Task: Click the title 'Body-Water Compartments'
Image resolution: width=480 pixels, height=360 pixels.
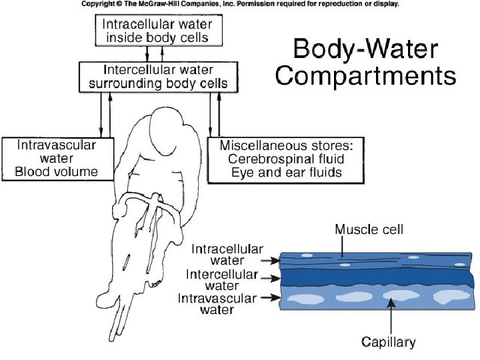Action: [x=366, y=62]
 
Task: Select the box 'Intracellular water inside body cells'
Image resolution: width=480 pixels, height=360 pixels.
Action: [x=157, y=31]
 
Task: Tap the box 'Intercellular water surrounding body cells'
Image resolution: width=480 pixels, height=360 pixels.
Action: [x=158, y=77]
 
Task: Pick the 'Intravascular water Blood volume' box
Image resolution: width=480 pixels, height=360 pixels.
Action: [x=57, y=159]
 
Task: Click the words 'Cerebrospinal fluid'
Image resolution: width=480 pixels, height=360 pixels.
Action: [x=285, y=159]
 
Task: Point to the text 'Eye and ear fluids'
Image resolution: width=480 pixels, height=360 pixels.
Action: [x=286, y=172]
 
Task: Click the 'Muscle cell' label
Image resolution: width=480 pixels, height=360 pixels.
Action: [x=368, y=229]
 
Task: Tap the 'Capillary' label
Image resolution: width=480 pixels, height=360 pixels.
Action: [x=388, y=342]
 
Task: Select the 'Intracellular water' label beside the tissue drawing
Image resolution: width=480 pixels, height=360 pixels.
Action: [x=218, y=255]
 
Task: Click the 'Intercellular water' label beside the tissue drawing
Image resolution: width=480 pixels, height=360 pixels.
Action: [x=222, y=279]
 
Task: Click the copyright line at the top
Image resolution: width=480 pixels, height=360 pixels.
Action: [x=240, y=4]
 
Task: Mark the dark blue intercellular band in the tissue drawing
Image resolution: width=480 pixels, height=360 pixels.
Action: [x=373, y=277]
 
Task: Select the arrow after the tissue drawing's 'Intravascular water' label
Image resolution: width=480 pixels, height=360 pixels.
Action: [x=271, y=299]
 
